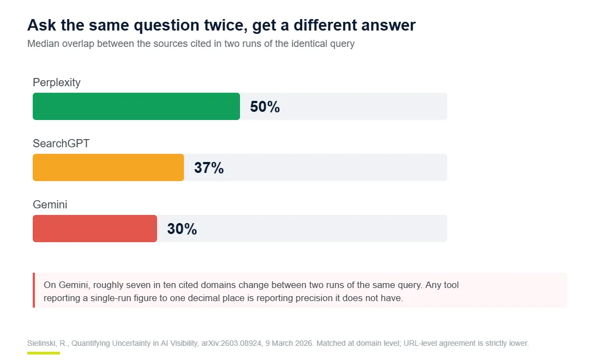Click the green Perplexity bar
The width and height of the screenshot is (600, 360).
point(136,106)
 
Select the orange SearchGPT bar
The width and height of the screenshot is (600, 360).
point(109,167)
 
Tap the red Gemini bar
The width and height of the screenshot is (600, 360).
point(95,229)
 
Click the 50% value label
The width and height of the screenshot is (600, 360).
point(265,107)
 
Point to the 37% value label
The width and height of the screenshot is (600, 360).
point(209,168)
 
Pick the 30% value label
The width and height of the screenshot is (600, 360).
point(182,229)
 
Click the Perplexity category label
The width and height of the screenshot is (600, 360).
point(57,82)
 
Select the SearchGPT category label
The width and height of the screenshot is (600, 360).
point(61,143)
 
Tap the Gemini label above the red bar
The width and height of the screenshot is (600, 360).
point(50,205)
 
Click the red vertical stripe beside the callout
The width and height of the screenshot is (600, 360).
point(34,290)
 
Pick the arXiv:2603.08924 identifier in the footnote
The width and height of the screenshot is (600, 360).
point(231,343)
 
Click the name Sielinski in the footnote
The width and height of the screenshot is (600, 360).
point(41,343)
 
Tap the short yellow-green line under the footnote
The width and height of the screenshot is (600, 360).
point(44,353)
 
